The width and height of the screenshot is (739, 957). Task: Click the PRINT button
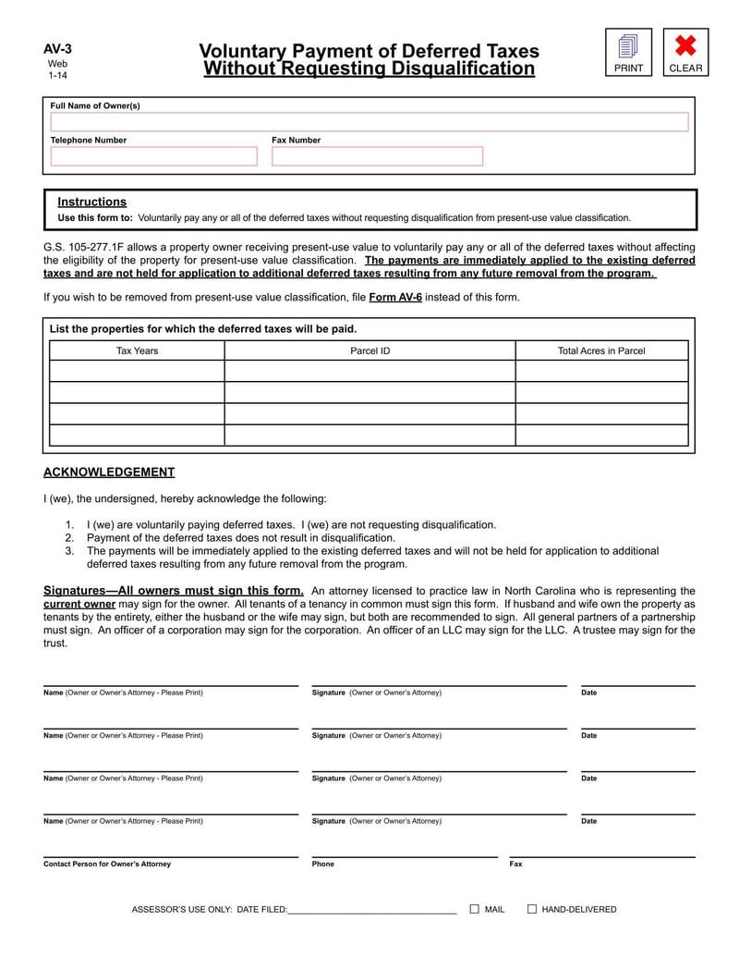(628, 52)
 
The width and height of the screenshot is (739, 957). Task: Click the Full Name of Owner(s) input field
(369, 122)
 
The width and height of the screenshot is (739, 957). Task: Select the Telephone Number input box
(153, 156)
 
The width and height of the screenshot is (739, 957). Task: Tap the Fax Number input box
(377, 156)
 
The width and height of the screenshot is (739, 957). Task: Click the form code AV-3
(57, 50)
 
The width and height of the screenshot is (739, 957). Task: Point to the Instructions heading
(91, 202)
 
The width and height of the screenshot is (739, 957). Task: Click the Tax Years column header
(137, 350)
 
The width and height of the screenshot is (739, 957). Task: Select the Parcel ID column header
(369, 350)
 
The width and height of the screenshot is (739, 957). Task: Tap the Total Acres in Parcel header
(601, 350)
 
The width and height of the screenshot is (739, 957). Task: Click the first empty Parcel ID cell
(369, 371)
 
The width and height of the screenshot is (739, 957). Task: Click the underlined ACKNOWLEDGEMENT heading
(109, 472)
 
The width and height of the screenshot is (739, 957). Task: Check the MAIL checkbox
(475, 909)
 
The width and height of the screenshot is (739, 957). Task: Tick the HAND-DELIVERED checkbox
(532, 909)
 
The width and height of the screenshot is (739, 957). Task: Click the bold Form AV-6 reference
(395, 298)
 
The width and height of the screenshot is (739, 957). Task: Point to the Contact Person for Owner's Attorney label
(107, 864)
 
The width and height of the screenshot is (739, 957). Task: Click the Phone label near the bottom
(323, 864)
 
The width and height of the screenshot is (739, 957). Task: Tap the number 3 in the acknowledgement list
(69, 550)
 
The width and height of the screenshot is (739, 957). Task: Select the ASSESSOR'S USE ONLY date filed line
(371, 910)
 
